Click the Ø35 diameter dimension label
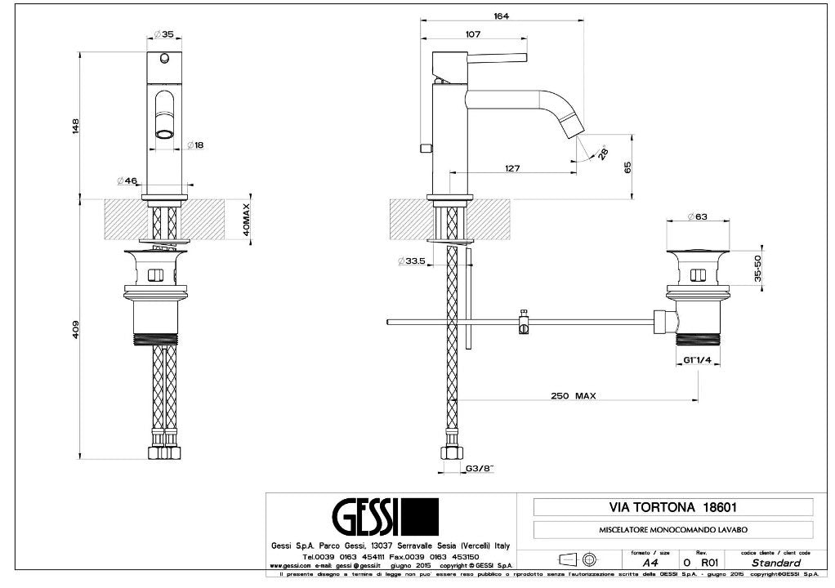coord(163,35)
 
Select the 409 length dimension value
coord(75,329)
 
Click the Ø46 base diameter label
coord(126,180)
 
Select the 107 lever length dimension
coord(472,34)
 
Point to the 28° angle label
coord(603,153)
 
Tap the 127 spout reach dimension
coord(512,169)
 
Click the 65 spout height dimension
coord(627,167)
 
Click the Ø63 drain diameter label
coord(696,216)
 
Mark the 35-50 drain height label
coord(758,268)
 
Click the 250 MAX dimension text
coord(572,395)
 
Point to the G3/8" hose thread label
coord(480,469)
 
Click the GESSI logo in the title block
coord(384,516)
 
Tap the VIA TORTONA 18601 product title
coord(672,507)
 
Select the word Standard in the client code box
coord(775,563)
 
